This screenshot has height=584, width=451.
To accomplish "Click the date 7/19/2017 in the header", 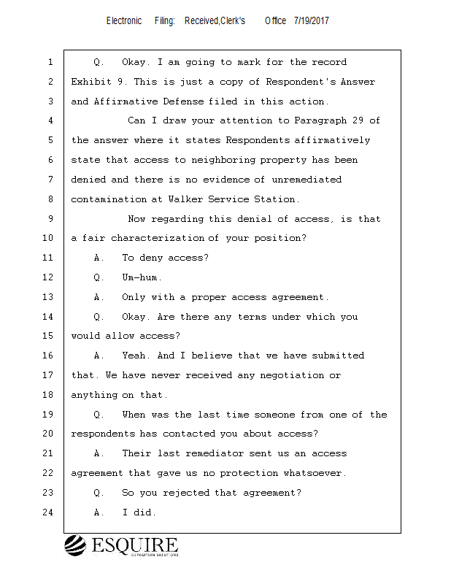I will [312, 20].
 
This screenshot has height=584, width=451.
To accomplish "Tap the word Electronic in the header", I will [124, 20].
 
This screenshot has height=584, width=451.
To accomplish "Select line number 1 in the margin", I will [50, 63].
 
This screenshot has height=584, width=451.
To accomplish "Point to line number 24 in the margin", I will [48, 512].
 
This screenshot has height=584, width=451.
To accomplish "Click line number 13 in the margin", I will [48, 297].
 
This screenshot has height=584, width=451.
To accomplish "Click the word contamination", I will [108, 199].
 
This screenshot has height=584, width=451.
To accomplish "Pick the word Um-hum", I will [142, 277].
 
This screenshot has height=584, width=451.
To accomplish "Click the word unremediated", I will [307, 180].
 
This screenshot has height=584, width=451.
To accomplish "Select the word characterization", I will [158, 238].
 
